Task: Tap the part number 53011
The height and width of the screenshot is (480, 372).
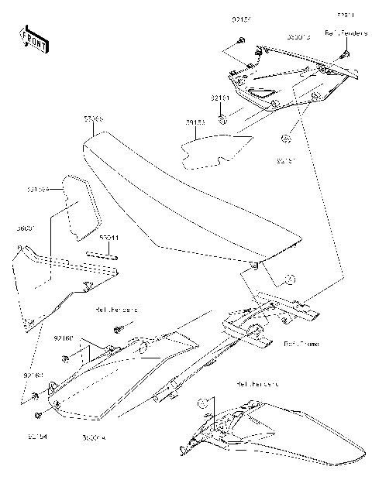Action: [108, 239]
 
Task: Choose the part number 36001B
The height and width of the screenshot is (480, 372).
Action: [299, 36]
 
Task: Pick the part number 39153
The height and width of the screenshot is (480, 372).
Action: [195, 122]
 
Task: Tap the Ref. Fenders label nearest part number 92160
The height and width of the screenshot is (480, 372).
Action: [116, 310]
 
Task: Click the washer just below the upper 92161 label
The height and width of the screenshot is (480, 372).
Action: [222, 118]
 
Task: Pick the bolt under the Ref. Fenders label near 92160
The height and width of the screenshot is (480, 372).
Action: [118, 329]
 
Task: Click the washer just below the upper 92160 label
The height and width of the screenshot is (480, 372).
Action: [66, 358]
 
